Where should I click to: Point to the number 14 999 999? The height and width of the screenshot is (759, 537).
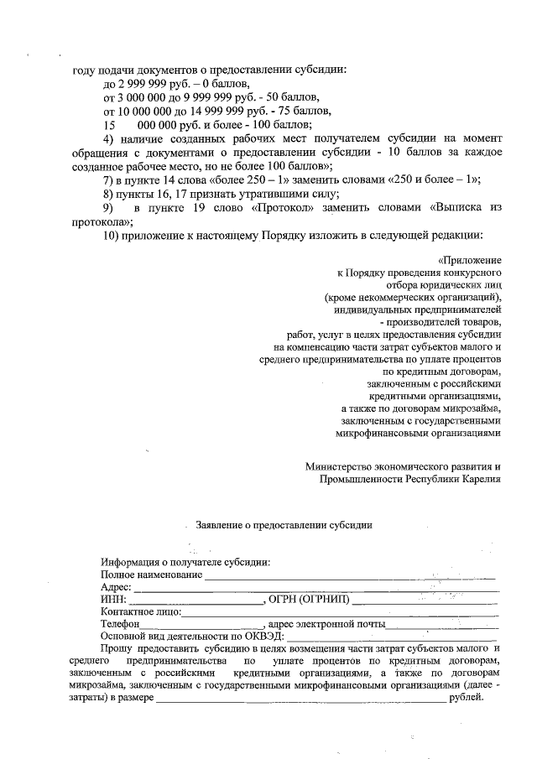point(214,111)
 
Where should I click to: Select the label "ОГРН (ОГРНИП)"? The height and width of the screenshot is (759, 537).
point(305,600)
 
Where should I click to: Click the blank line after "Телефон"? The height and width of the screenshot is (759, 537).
point(201,625)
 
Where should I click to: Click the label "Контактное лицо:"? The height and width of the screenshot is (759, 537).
point(140,612)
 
